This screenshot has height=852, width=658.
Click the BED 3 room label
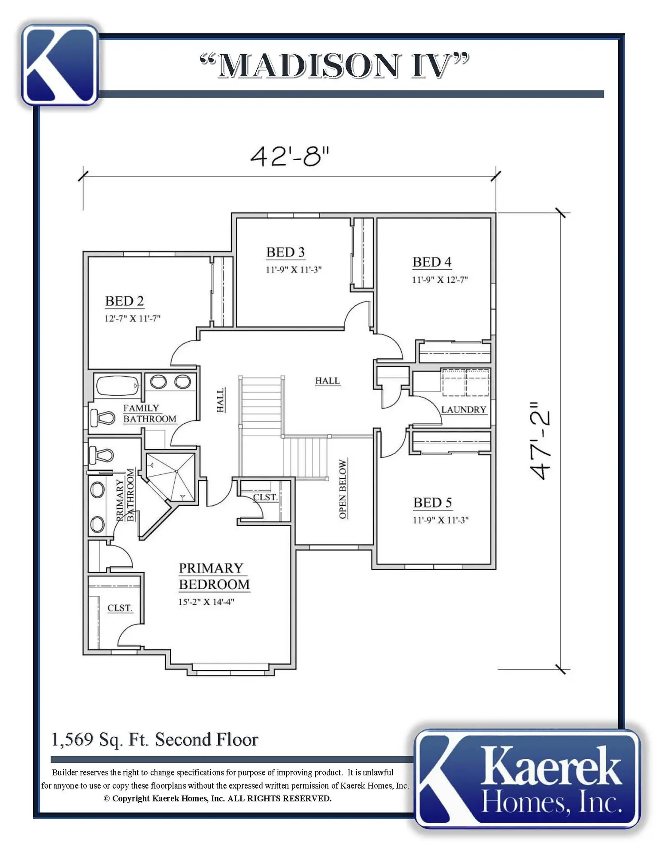pos(286,252)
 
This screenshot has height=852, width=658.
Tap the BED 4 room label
pos(432,262)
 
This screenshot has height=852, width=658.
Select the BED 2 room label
pos(125,301)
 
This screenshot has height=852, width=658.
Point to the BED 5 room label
pos(432,502)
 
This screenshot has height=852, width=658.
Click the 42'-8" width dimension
pos(290,156)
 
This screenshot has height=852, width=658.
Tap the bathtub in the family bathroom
pos(117,386)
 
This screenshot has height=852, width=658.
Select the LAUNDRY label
pos(464,410)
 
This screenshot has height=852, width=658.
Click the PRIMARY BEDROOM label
pos(214,576)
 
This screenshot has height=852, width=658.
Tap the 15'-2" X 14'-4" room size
pos(206,602)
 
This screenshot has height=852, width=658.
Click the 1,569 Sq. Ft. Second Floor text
pos(155,740)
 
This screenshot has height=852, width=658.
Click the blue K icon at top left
pos(60,65)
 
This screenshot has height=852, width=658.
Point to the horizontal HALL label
pos(327,381)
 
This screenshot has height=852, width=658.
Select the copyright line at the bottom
pos(217,798)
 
